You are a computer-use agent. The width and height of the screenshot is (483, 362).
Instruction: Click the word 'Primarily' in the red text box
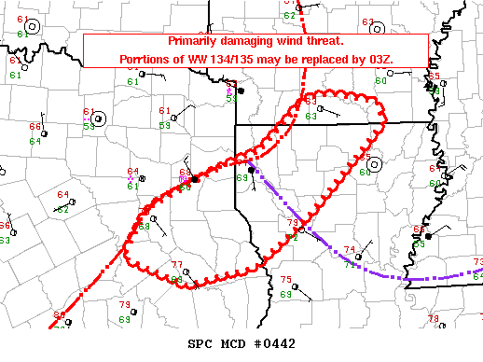pos(196,43)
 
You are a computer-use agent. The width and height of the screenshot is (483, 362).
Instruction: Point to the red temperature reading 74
pos(351,249)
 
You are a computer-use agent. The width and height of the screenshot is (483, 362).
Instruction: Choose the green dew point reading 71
pos(349,265)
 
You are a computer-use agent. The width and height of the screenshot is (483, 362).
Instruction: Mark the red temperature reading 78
pos(433,319)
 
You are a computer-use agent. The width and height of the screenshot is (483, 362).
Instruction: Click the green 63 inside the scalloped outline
pos(310,116)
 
